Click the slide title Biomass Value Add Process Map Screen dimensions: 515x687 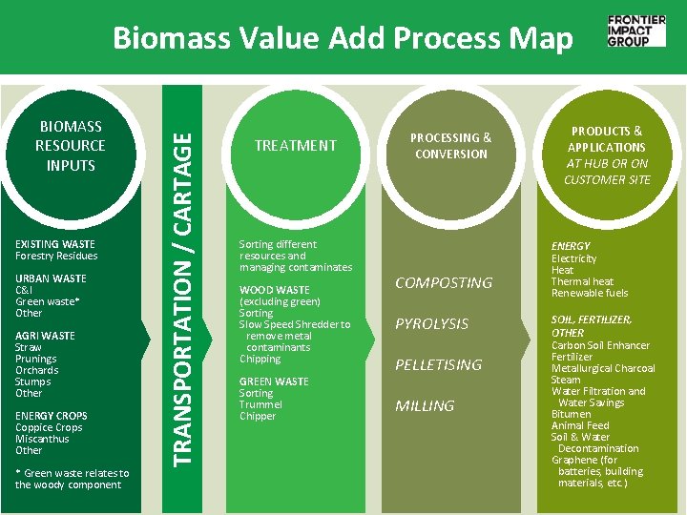pos(343,38)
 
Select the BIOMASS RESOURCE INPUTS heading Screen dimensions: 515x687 pos(71,146)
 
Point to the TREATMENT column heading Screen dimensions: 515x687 pos(295,146)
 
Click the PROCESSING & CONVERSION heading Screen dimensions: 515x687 pos(451,146)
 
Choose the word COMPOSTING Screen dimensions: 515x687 pos(444,283)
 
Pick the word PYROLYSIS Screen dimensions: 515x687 pos(432,324)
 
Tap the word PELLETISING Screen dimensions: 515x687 pos(439,365)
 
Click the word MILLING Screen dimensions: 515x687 pos(425,406)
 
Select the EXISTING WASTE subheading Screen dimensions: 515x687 pos(54,244)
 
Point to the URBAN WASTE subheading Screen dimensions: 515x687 pos(51,278)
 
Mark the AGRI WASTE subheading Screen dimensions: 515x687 pos(45,336)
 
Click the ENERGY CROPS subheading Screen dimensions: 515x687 pos(51,416)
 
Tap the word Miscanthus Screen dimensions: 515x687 pos(42,439)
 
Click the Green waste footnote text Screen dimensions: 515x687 pos(72,479)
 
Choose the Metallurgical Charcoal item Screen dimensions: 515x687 pos(603,368)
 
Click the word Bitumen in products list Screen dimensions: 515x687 pos(571,414)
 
